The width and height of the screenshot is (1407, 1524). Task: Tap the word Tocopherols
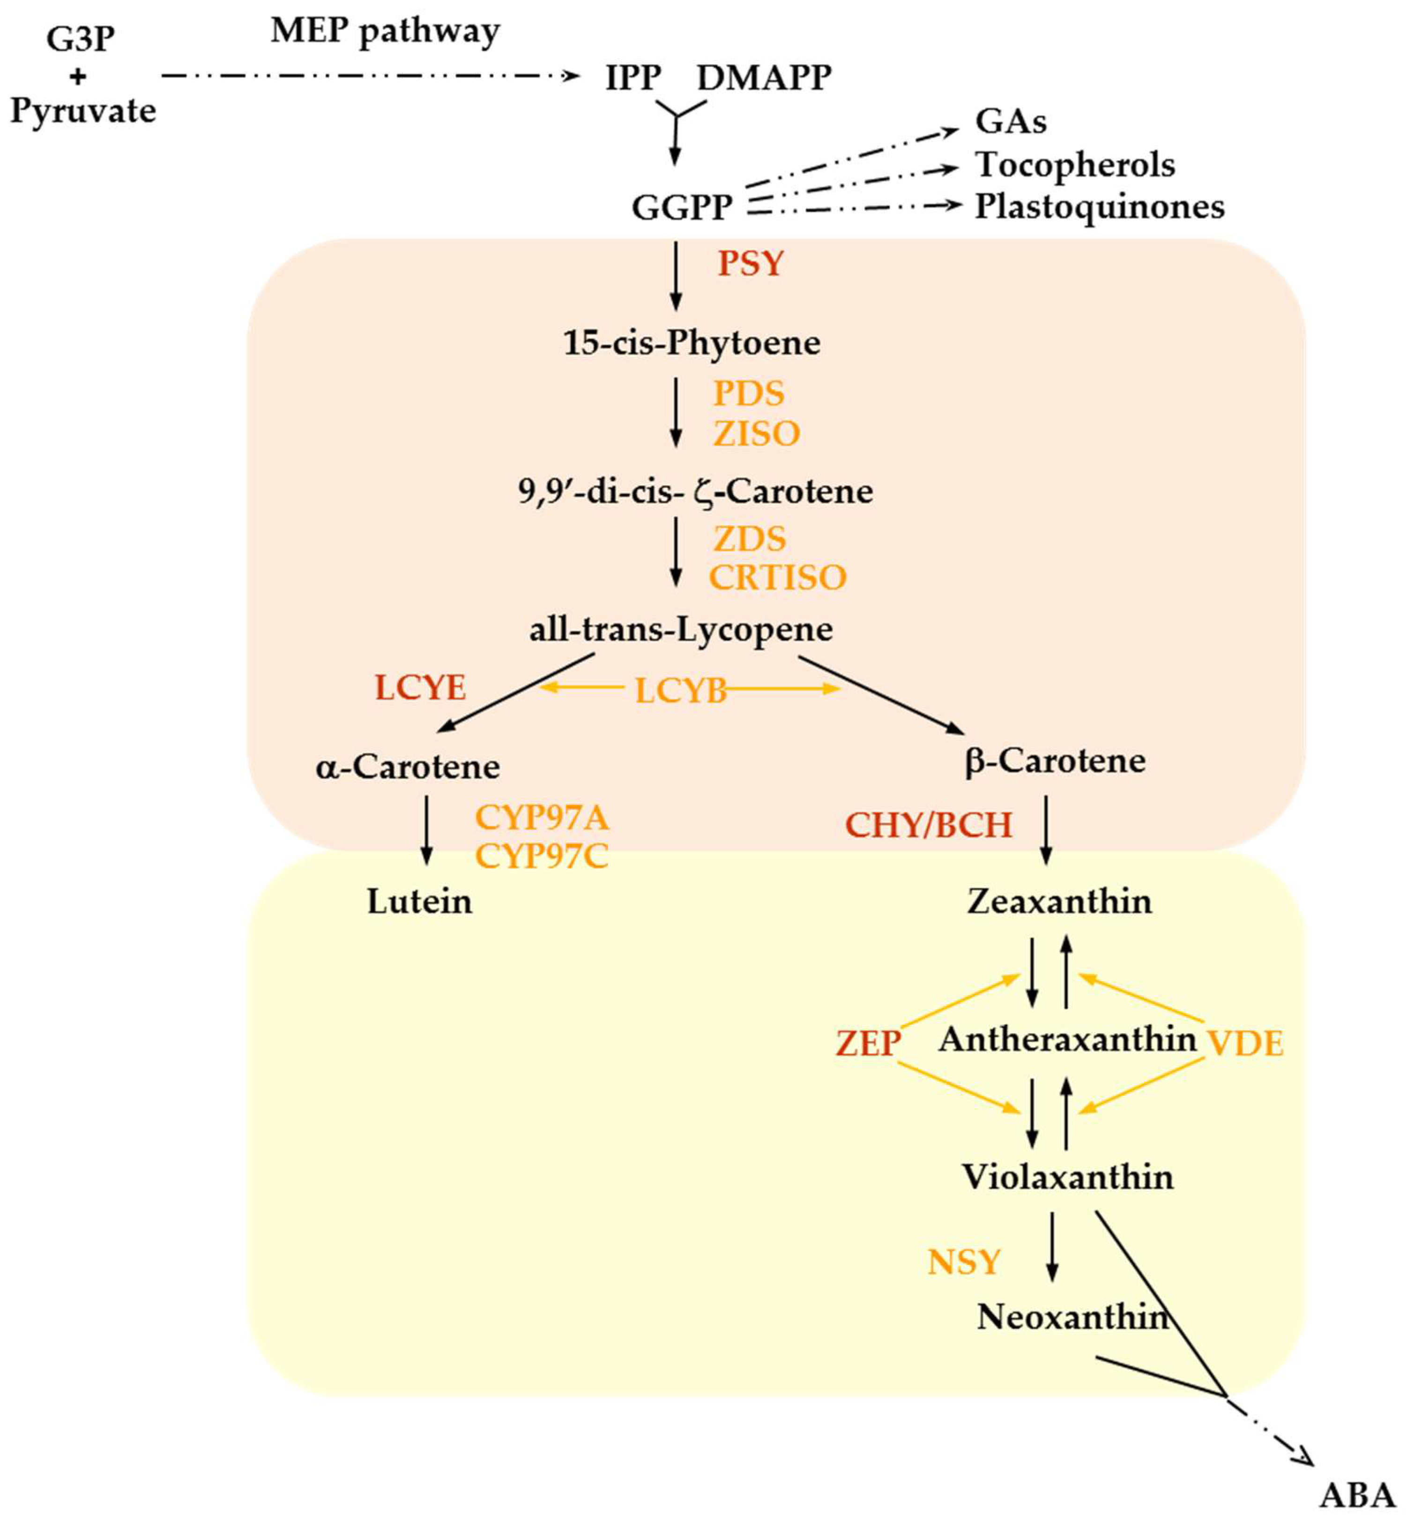[1075, 165]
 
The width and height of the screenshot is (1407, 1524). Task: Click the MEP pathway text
[385, 32]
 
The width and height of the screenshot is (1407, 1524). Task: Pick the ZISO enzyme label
[756, 434]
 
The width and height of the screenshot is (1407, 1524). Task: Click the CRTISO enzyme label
[777, 578]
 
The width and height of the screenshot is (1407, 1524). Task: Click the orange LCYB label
[680, 691]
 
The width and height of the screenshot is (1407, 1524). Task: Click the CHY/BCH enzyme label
[929, 826]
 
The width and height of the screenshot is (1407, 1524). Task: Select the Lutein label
[419, 902]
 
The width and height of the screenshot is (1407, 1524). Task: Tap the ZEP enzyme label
[868, 1044]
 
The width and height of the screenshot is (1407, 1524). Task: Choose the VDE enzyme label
[1245, 1044]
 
